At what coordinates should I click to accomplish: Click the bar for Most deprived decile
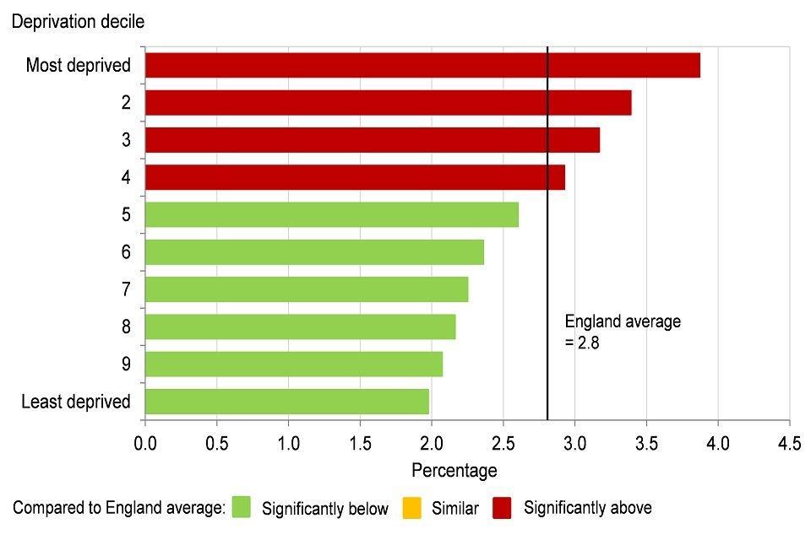(x=422, y=65)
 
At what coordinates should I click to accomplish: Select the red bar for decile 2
(x=389, y=102)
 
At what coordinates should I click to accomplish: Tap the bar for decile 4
(x=355, y=177)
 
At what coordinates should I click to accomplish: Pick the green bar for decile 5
(x=331, y=214)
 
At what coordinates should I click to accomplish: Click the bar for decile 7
(x=307, y=289)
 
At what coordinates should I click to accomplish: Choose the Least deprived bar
(x=287, y=402)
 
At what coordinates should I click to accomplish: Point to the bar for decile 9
(x=294, y=364)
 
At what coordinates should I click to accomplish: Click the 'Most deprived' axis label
(x=79, y=65)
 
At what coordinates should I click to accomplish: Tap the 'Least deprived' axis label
(x=76, y=402)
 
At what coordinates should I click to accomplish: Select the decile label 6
(x=126, y=252)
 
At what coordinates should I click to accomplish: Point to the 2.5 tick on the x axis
(x=503, y=441)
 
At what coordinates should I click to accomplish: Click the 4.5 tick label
(x=789, y=441)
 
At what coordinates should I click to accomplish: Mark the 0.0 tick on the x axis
(x=145, y=441)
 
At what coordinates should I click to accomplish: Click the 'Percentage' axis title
(x=454, y=470)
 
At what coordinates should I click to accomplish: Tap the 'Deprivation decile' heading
(x=78, y=22)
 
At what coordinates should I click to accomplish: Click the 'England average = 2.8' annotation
(x=622, y=332)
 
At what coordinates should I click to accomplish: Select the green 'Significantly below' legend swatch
(x=242, y=507)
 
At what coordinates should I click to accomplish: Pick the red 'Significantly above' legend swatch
(x=503, y=507)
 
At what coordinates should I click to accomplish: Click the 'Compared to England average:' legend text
(x=118, y=507)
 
